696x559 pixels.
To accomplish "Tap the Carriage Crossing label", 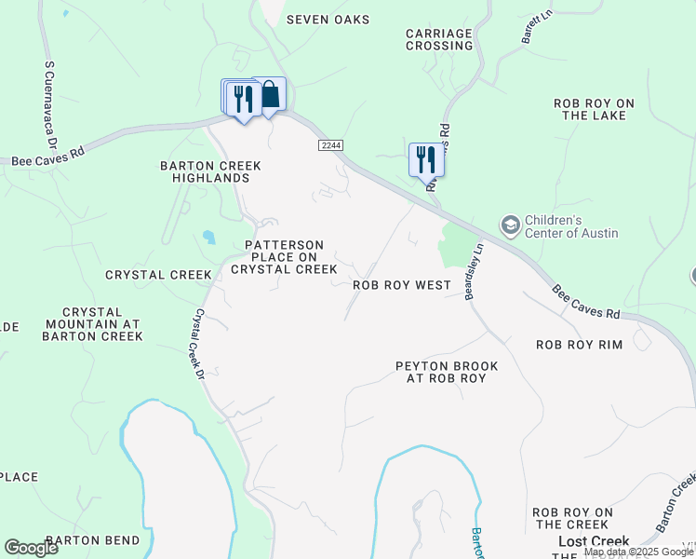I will coord(439,39).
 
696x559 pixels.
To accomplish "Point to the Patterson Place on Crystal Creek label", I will coord(284,257).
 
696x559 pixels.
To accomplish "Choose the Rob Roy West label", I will coord(402,285).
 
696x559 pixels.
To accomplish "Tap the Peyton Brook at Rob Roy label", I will coord(447,372).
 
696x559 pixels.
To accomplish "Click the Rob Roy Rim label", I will coord(579,345).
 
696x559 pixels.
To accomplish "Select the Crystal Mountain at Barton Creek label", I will coord(93,323).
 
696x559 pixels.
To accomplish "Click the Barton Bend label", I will coord(92,540).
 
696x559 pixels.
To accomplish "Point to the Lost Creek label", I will coord(594,540).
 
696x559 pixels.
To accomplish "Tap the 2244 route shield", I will coord(330,145).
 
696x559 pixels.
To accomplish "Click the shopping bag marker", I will coord(270,94).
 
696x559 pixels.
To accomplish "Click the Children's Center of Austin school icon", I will coord(510,225).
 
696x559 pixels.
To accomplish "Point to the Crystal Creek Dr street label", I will coord(199,345).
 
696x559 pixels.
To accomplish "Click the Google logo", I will coord(31,548).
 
